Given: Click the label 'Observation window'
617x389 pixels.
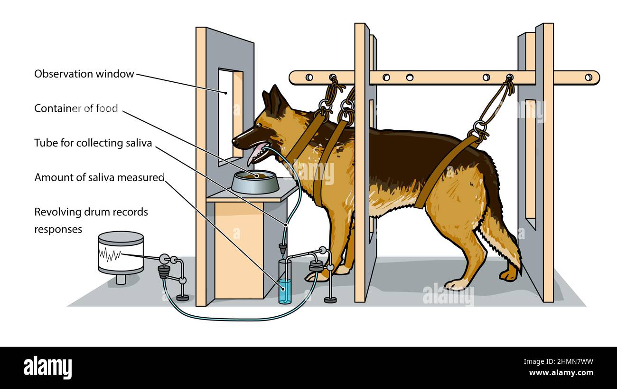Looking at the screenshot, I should point(84,74).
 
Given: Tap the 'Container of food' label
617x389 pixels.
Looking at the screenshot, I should point(76,108).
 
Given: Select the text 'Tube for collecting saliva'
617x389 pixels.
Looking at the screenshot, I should point(93,143).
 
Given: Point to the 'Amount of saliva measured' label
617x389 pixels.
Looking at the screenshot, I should point(99,177).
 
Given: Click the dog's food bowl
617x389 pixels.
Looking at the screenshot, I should point(255,182).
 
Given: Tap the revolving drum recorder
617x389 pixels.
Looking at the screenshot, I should point(121,253).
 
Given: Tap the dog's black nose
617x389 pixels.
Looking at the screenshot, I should point(235,140).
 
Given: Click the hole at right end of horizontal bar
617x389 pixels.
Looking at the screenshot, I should point(589,77).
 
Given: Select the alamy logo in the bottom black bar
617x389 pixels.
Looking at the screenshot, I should point(47,368).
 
